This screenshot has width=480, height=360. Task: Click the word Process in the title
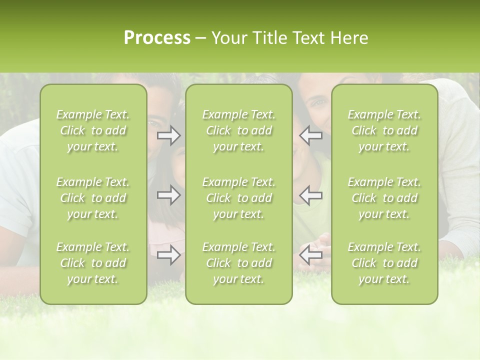coord(157,38)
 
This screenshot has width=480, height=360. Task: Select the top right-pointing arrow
coord(169,135)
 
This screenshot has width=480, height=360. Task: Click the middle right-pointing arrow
coord(169,195)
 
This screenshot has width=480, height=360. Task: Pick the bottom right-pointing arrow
coord(169,255)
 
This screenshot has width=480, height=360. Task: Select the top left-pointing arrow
coord(310,135)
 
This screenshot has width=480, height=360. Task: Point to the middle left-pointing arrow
coord(310,195)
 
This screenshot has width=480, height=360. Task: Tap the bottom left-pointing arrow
coord(310,255)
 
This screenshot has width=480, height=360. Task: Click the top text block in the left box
coord(93,130)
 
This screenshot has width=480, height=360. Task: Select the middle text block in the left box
coord(93,198)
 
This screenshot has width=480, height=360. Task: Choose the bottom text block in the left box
coord(93,263)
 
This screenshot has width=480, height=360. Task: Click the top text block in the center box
coord(239,130)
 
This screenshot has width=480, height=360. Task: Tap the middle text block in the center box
coord(239,198)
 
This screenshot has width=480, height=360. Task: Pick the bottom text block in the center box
coord(239,263)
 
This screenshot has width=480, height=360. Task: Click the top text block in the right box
coord(384,130)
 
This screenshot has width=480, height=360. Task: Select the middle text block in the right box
coord(384,198)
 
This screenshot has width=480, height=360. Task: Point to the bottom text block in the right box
coord(384,263)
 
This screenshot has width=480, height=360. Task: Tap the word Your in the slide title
coord(227,38)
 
